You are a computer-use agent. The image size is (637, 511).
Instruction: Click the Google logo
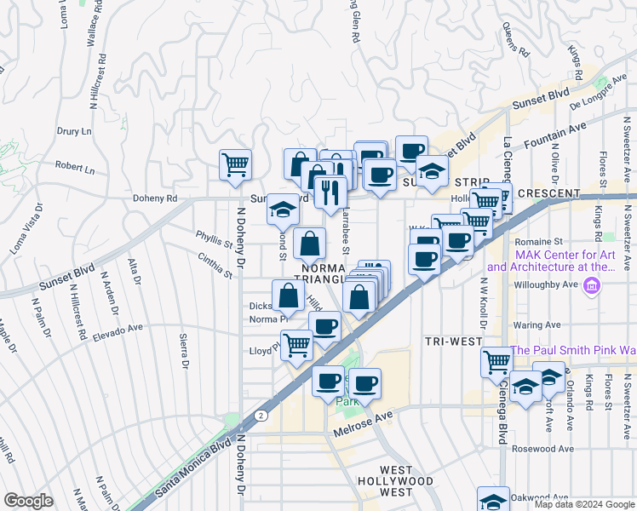29,501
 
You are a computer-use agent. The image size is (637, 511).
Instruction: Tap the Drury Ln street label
74,132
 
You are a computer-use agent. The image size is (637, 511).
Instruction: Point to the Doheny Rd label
153,198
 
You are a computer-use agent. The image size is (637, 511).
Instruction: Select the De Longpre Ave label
598,100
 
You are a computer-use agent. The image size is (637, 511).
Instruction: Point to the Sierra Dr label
183,352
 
